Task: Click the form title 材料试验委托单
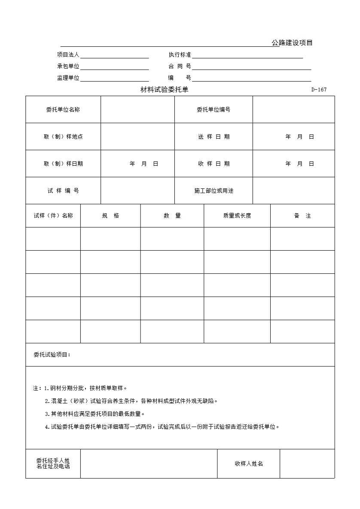click(165, 90)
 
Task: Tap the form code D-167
click(319, 90)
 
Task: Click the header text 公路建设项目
click(292, 42)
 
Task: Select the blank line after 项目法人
click(114, 55)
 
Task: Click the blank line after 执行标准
click(247, 55)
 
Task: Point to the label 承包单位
click(68, 66)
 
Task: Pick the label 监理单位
click(68, 78)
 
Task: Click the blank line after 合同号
click(251, 67)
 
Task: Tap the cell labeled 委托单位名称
click(63, 109)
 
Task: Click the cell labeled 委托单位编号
click(214, 109)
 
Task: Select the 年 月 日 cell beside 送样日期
click(299, 136)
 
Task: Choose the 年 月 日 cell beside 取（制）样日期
click(144, 164)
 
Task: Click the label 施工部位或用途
click(214, 191)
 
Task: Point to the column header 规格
click(110, 215)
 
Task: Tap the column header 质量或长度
click(237, 215)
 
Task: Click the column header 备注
click(302, 215)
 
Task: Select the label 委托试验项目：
click(52, 354)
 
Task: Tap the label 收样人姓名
click(249, 464)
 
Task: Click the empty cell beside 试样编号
click(137, 191)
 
